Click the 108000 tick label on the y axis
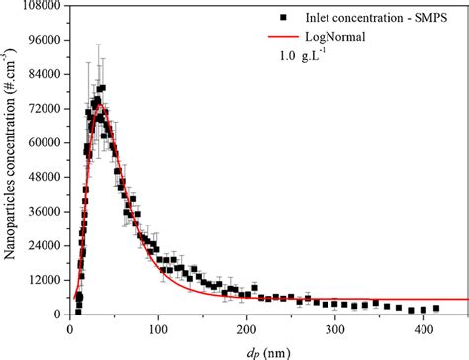(41, 6)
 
